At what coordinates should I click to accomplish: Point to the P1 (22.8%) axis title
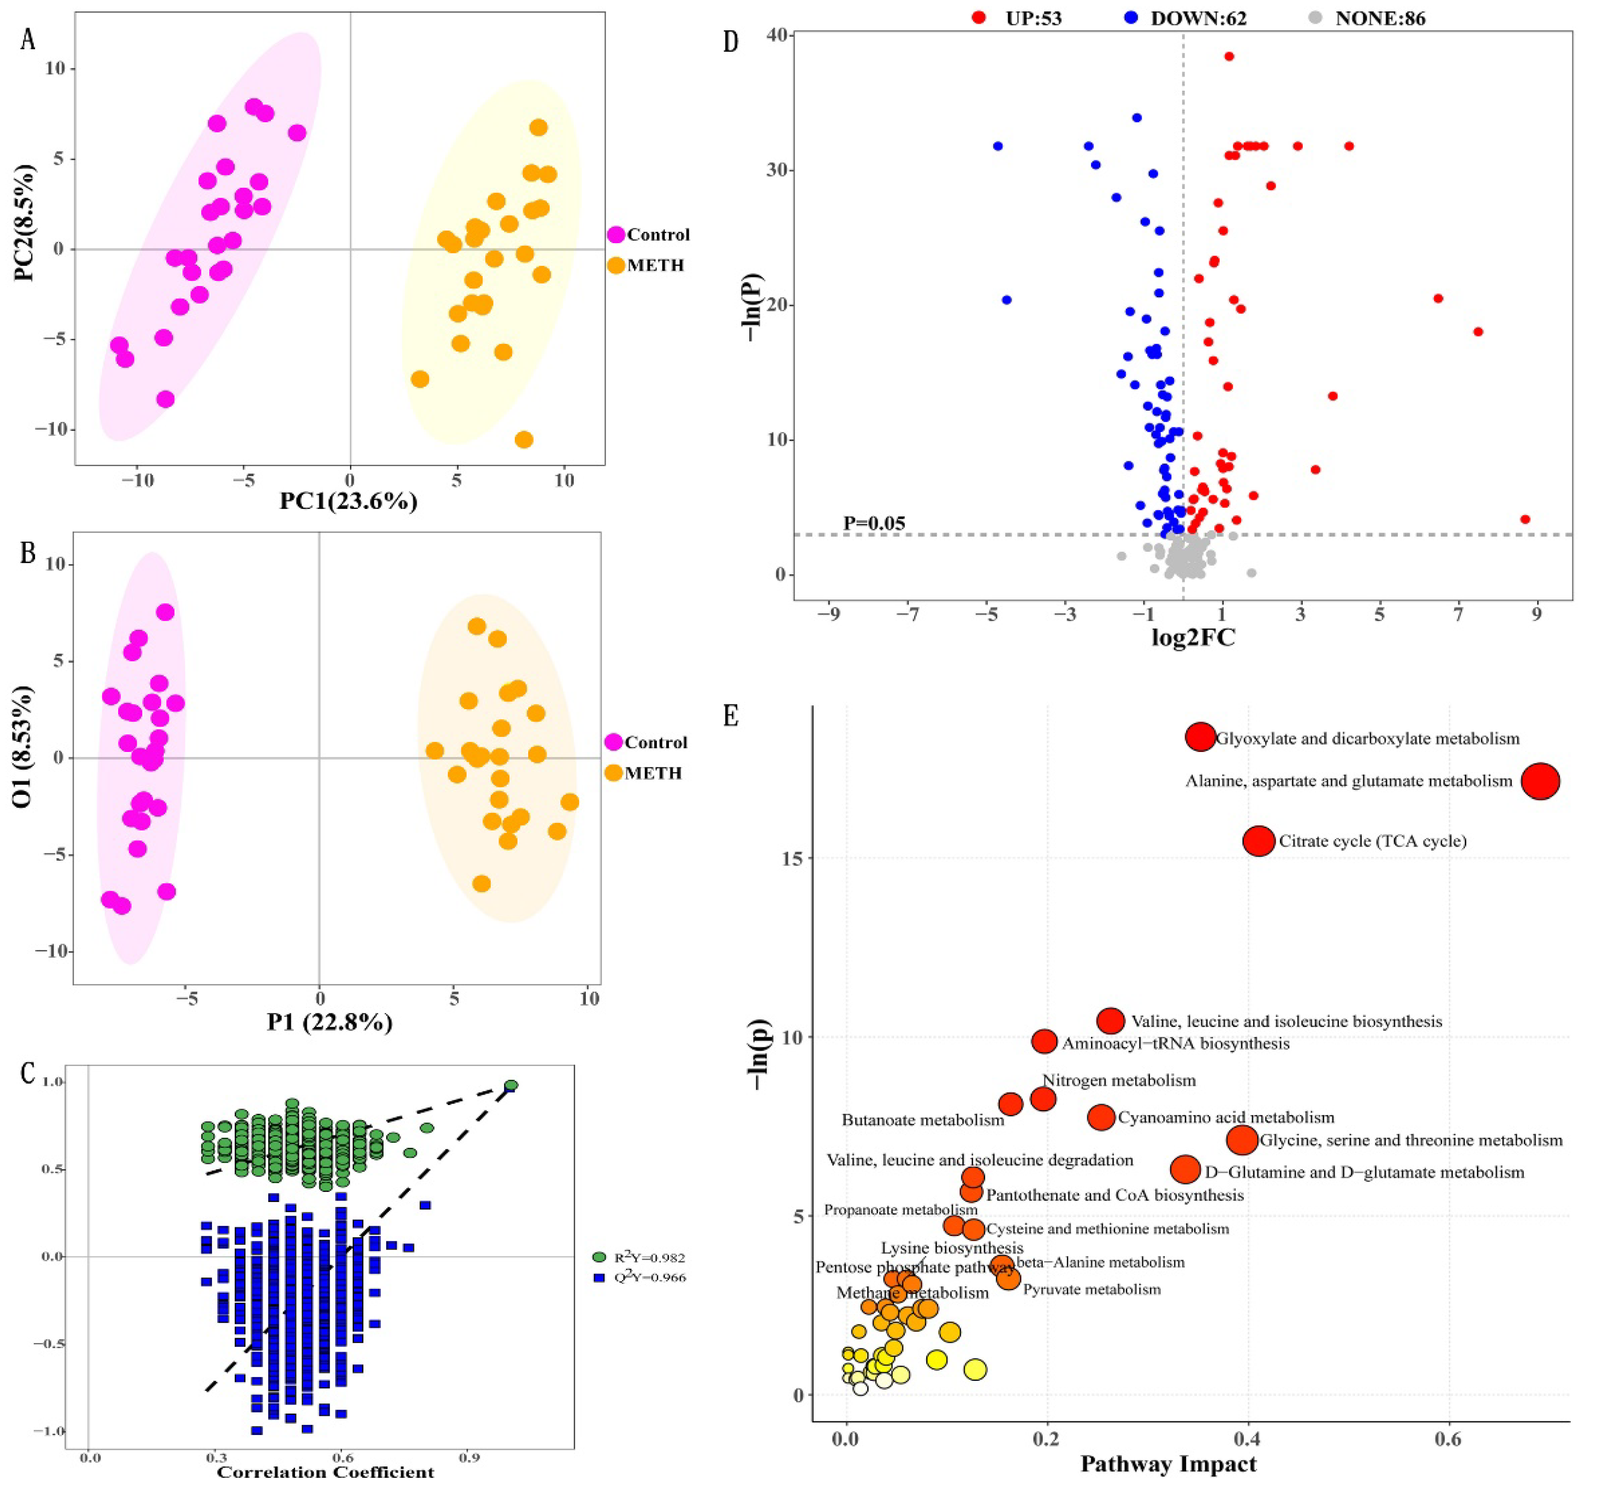pos(329,1022)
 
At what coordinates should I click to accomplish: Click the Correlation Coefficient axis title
pos(325,1472)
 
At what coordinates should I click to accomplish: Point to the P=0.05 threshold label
pos(874,524)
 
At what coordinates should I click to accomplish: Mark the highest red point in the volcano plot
pos(1228,56)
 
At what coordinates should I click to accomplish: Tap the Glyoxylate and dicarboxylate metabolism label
pos(1367,739)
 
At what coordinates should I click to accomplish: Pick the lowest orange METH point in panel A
pos(524,439)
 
